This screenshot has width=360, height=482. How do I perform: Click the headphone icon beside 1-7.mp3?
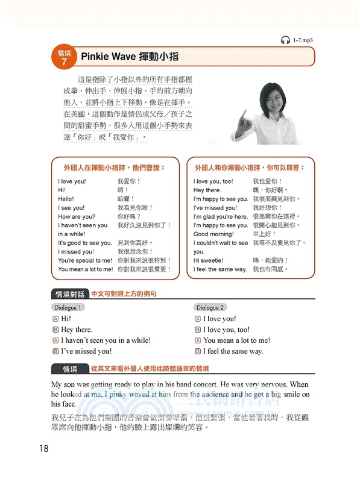[285, 40]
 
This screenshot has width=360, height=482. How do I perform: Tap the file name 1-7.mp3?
[303, 40]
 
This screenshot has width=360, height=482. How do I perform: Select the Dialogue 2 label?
[210, 307]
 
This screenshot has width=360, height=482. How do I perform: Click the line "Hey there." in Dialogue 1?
[77, 330]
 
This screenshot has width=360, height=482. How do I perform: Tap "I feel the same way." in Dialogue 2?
[233, 351]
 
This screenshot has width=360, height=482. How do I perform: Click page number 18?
[43, 448]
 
